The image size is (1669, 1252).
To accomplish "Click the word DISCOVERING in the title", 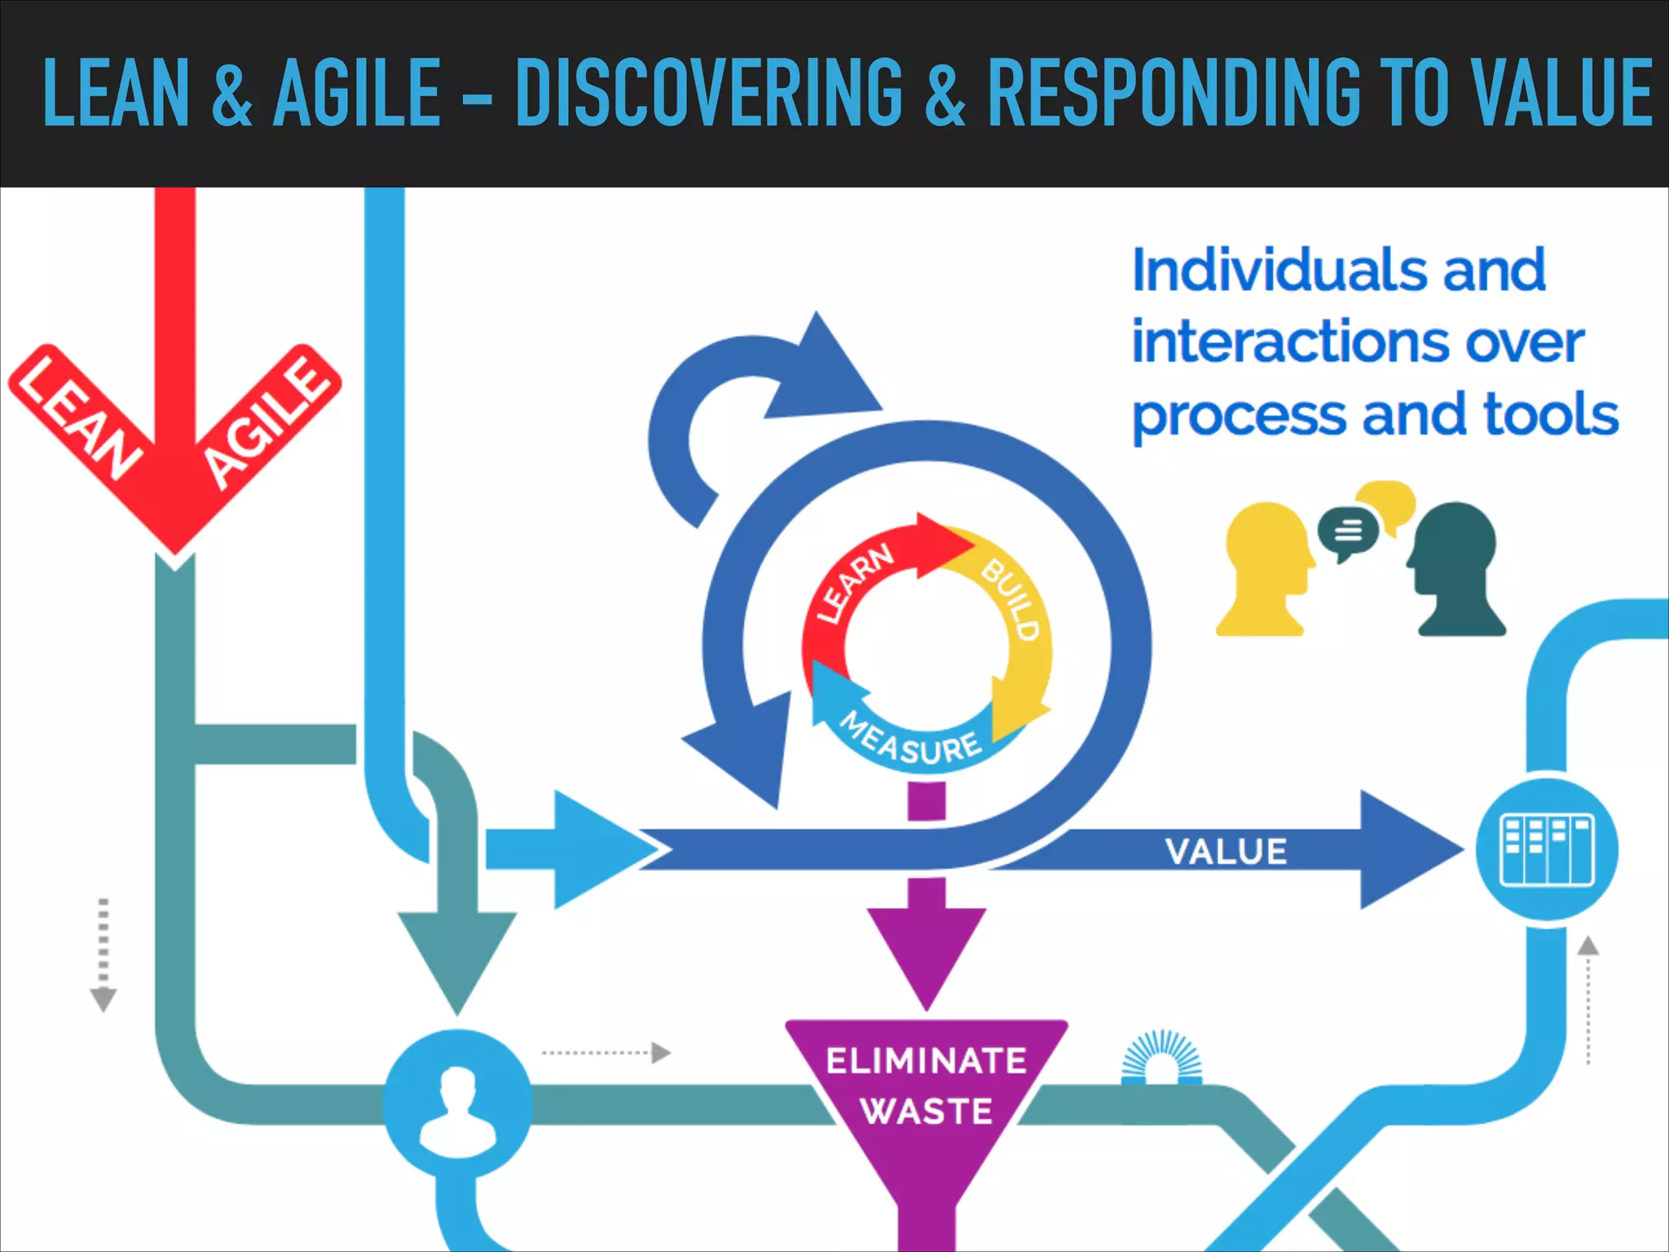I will pyautogui.click(x=709, y=94).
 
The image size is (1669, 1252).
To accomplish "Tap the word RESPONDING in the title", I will pyautogui.click(x=1174, y=94).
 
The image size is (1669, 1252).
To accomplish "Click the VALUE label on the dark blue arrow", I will pyautogui.click(x=1226, y=852).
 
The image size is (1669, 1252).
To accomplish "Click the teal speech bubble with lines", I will pyautogui.click(x=1348, y=531).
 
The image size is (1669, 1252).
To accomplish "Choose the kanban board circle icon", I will pyautogui.click(x=1547, y=849).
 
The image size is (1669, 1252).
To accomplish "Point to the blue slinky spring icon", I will pyautogui.click(x=1161, y=1057).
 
